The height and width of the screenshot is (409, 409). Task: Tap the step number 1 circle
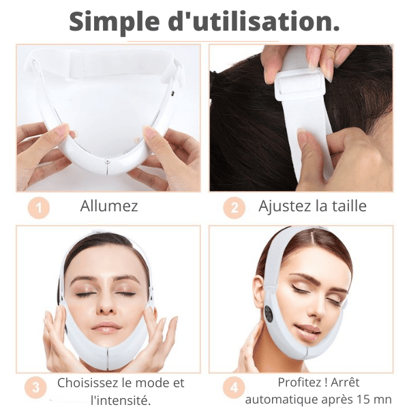pos(40,208)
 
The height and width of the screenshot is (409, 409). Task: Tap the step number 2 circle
pos(234,208)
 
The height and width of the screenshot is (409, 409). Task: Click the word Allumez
pos(109,206)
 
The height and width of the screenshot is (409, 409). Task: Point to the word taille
pos(347,206)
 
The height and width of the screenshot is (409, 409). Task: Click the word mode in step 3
pos(155,382)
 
